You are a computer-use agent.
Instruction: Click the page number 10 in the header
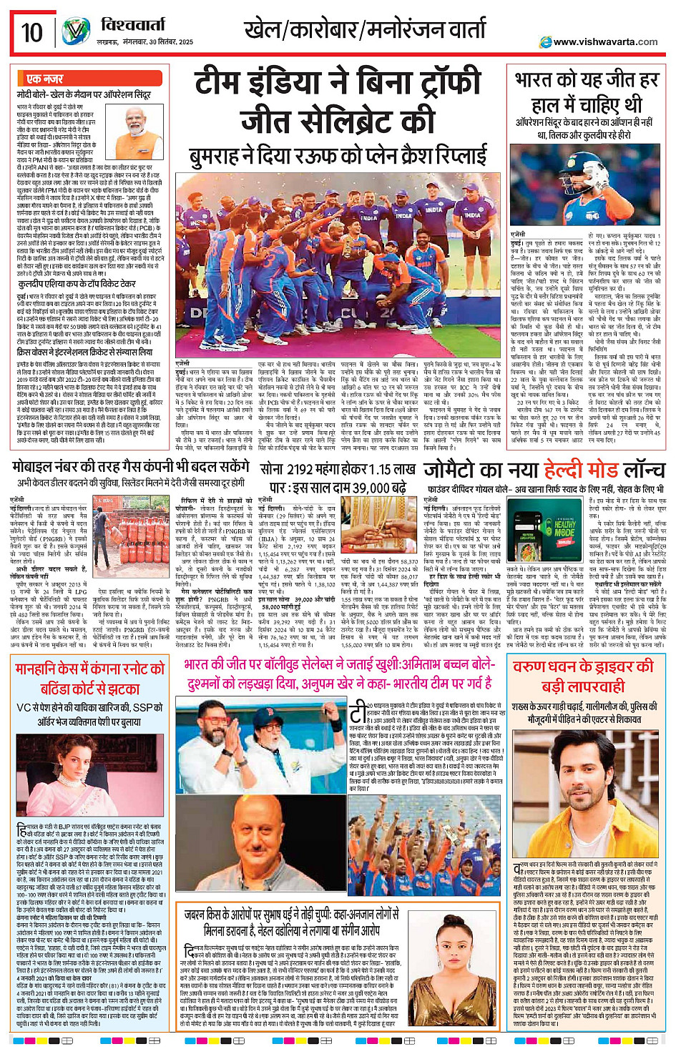point(31,32)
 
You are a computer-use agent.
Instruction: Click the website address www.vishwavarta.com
point(605,42)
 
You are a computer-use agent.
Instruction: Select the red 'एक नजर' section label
point(44,79)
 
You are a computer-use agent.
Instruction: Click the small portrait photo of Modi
point(144,124)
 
